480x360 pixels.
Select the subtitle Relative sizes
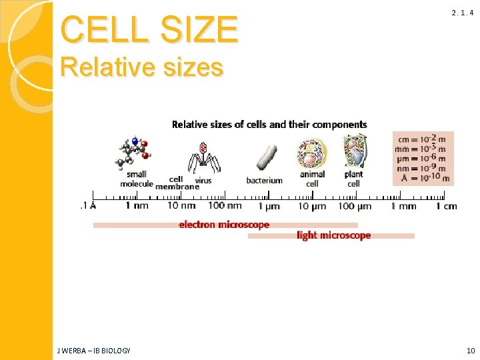[x=141, y=67]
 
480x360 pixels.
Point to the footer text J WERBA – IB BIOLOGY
[x=95, y=351]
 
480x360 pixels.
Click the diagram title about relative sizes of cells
[x=269, y=124]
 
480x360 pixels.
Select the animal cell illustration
[x=311, y=154]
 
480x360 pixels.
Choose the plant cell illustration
[x=354, y=152]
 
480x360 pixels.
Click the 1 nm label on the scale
[x=137, y=206]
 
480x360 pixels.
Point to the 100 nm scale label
[x=225, y=206]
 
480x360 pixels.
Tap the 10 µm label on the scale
[x=311, y=206]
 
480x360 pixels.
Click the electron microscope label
[x=224, y=225]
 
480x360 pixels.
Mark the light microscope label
[x=333, y=235]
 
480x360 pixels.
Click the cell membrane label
[x=177, y=183]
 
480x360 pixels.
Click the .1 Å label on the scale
[x=88, y=206]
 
